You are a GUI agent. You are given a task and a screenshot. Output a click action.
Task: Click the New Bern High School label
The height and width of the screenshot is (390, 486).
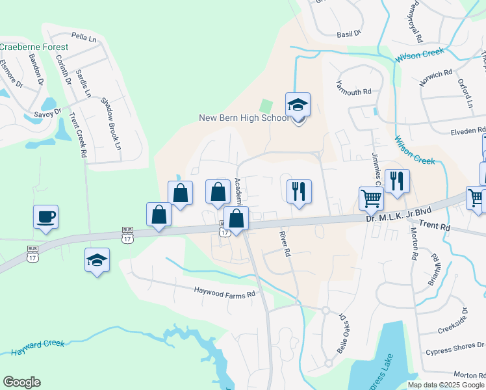point(244,118)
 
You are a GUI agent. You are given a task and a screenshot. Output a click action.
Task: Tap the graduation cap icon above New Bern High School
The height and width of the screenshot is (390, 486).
point(298,105)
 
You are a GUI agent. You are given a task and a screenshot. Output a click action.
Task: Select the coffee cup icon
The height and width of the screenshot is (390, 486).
point(46,217)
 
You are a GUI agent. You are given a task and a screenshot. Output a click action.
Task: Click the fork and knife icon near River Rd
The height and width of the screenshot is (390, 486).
point(299,191)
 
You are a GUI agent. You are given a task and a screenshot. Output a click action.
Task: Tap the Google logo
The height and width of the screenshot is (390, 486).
point(21,382)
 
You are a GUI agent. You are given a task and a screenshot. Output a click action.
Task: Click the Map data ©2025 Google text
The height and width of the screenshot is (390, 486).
point(446,385)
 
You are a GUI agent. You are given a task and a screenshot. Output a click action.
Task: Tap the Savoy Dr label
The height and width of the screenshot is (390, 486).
point(47,112)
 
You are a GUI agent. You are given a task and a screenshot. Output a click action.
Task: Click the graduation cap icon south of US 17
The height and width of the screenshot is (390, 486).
point(97,261)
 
